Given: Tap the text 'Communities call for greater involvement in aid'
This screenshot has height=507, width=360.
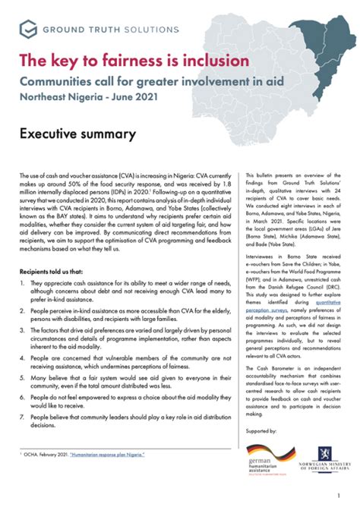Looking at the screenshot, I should [134, 80].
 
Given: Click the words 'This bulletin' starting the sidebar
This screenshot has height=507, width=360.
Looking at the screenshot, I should [261, 174].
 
